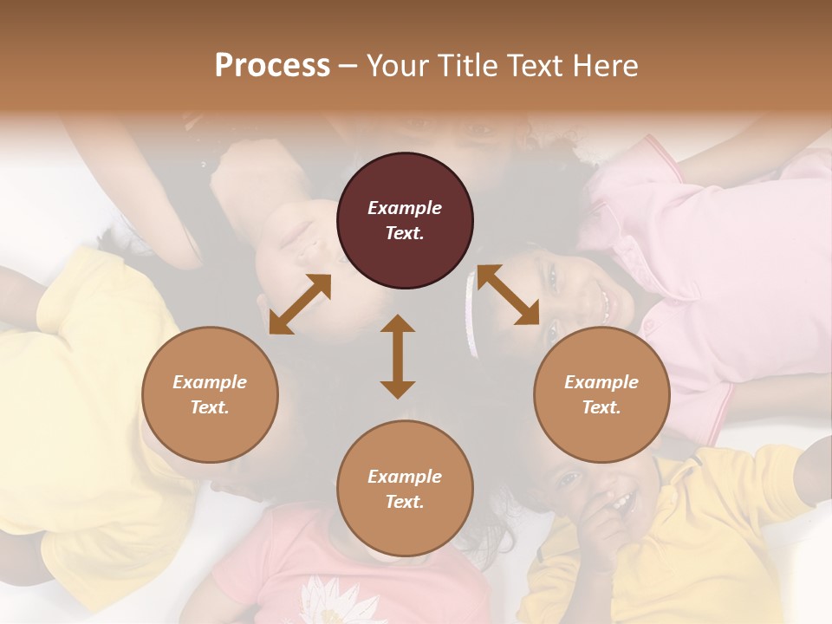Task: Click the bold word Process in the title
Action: coord(272,66)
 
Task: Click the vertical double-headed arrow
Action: coord(398,356)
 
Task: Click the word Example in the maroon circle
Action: coord(405,208)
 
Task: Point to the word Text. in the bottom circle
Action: coord(405,502)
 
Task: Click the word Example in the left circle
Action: coord(210,382)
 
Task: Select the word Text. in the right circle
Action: coord(601,407)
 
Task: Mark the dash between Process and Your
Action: coord(348,67)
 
